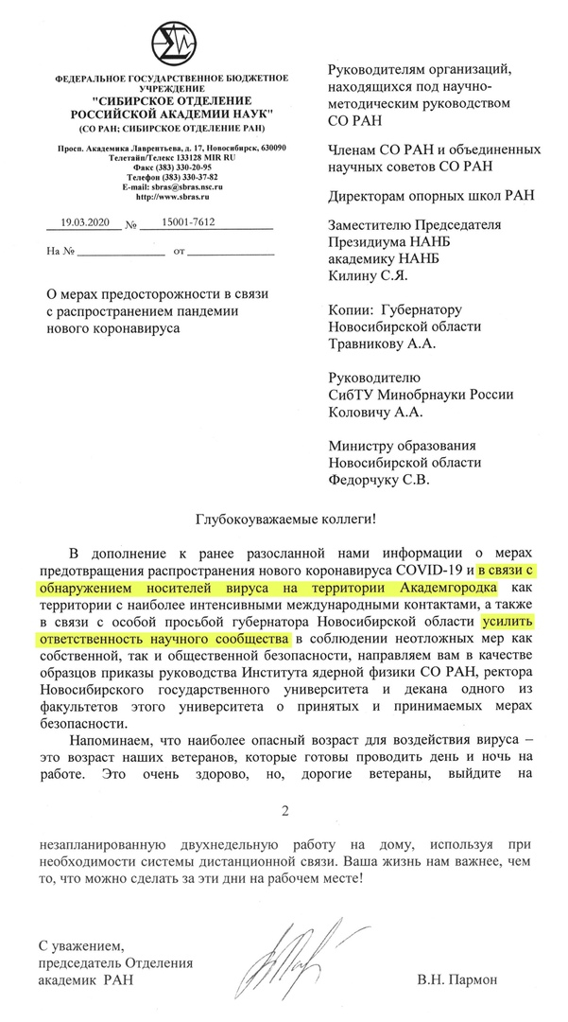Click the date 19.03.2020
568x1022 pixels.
[85, 226]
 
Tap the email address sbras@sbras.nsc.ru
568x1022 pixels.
[170, 187]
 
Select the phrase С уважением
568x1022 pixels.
[81, 944]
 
